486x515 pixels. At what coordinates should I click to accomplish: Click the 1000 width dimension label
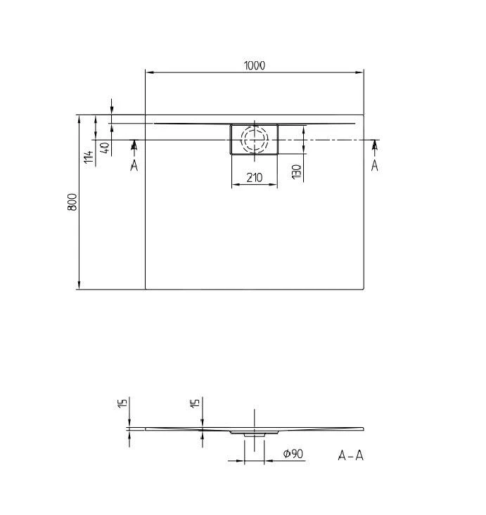tap(254, 65)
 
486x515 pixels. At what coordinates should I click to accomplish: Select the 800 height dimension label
tap(72, 204)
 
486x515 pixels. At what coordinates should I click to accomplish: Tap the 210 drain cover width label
tap(254, 178)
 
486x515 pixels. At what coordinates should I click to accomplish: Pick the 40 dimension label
tap(105, 148)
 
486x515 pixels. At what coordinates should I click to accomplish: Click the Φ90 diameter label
tap(293, 455)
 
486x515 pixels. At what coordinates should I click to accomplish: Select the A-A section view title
tap(351, 455)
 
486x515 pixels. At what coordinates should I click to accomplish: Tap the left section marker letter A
tap(134, 165)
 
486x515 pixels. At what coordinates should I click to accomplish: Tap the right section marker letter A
tap(374, 165)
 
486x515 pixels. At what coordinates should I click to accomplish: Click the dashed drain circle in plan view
tap(255, 139)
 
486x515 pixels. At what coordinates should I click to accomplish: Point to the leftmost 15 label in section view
tap(122, 403)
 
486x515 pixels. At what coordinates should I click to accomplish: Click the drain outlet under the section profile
tap(255, 434)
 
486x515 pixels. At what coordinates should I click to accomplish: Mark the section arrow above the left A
tap(134, 145)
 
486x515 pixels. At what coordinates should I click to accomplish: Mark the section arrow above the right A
tap(374, 145)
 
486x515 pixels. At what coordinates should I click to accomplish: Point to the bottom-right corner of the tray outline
tap(364, 289)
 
